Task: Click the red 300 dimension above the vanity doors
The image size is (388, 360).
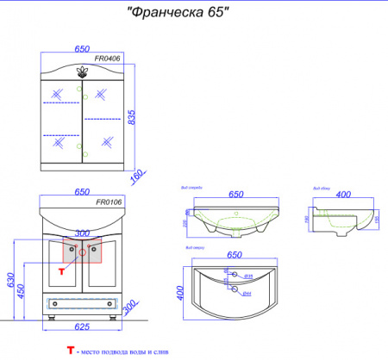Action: [82, 233]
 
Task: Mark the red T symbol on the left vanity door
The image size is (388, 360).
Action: [60, 270]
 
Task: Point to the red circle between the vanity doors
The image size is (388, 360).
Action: [83, 252]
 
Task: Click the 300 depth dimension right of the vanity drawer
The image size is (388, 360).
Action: [129, 307]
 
